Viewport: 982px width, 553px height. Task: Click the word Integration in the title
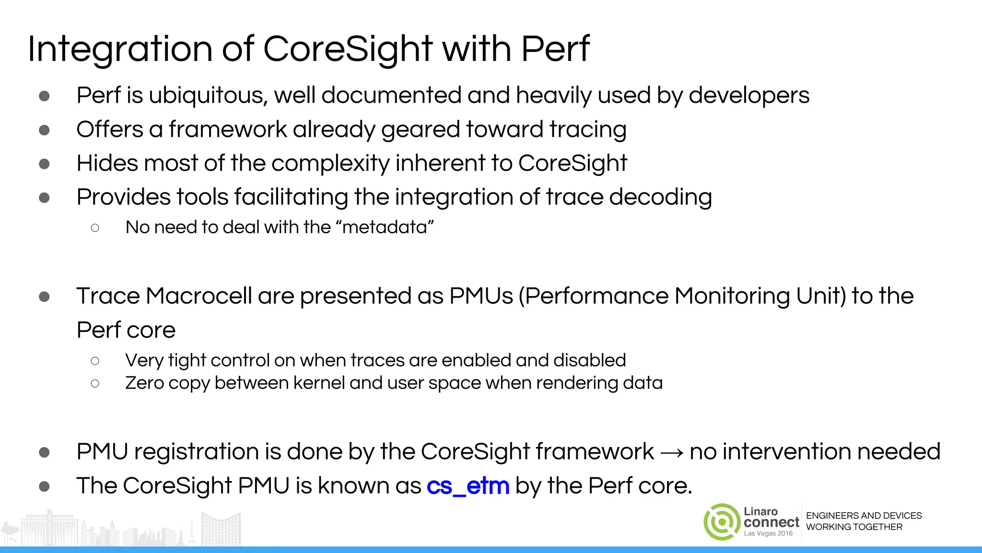pos(120,49)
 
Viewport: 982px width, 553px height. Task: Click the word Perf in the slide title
pos(555,49)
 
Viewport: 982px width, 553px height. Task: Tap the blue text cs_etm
pos(468,486)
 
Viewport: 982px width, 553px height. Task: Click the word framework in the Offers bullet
pos(227,130)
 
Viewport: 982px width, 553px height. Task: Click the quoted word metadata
pos(385,227)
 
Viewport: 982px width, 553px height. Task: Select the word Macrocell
pos(199,296)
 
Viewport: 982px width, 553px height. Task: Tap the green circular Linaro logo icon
pos(722,522)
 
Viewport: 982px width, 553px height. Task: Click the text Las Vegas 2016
pos(768,533)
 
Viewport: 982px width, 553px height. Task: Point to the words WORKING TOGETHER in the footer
pos(854,527)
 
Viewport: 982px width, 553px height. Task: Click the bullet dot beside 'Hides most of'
pos(45,164)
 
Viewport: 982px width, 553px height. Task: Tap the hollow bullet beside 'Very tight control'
pos(95,361)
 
